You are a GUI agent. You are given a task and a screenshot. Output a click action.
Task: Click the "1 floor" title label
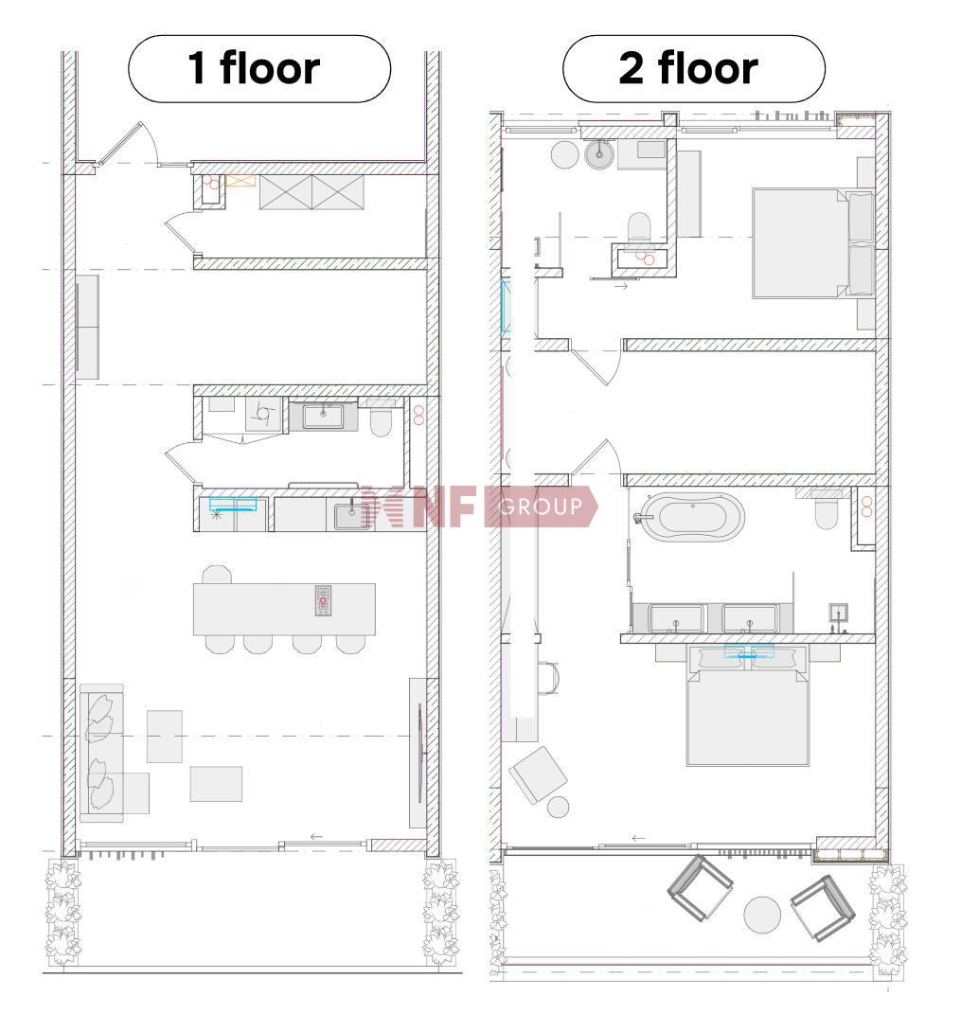coord(254,68)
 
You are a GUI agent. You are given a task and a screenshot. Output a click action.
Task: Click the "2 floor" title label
coord(688,68)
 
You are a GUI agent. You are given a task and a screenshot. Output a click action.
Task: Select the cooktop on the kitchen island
coord(323,600)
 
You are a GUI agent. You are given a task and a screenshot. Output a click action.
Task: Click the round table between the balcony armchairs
coord(762,915)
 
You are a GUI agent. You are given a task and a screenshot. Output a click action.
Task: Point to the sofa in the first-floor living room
coord(102,753)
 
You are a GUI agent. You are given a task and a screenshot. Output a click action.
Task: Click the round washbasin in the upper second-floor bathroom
coord(599,154)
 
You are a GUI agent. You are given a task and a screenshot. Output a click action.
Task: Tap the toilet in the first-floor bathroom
coord(381,418)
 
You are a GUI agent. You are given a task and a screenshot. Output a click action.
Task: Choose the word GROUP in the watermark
coord(541,507)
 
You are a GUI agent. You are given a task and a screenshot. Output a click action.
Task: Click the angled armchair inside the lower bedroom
coord(538,774)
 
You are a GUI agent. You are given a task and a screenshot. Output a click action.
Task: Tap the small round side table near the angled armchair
coord(558,807)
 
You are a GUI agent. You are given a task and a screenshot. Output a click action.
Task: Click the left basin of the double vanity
coord(675,617)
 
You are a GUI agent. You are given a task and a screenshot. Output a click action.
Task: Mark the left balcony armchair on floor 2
coord(700,887)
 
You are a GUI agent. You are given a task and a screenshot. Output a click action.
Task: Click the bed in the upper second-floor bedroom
coord(814,243)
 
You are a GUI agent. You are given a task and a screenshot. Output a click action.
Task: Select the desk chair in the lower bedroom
coord(548,678)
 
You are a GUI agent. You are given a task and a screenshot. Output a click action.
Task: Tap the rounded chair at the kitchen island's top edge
coord(217,575)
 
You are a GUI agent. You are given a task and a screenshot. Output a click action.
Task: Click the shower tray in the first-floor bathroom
coord(263,414)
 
